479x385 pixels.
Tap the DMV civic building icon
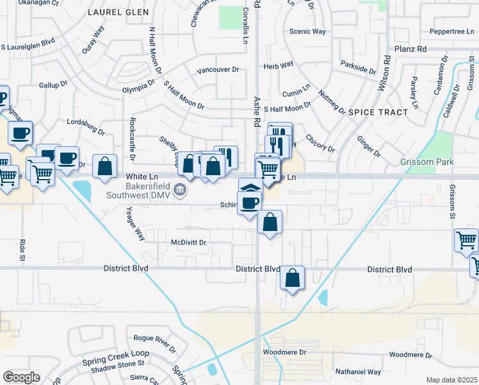(x=180, y=189)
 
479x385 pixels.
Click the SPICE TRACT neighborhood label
(x=378, y=112)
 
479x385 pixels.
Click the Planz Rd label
(x=410, y=49)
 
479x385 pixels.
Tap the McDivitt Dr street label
(x=188, y=243)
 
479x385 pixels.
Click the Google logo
(x=21, y=377)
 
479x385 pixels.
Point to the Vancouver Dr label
(x=218, y=70)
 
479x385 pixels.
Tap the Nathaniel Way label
(x=358, y=372)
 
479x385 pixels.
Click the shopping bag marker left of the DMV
(x=104, y=167)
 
